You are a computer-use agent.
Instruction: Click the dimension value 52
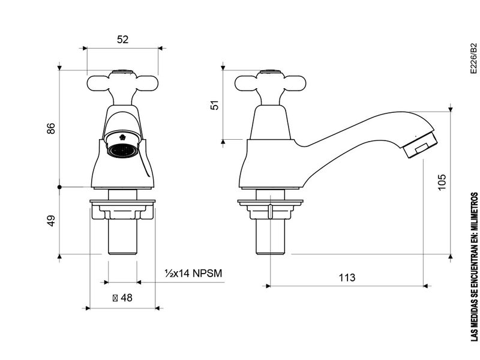(x=123, y=40)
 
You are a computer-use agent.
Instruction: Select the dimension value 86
(x=51, y=128)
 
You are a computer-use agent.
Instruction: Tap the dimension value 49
(x=51, y=221)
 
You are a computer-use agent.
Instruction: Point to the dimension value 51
(x=215, y=105)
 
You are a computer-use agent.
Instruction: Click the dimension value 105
(x=442, y=182)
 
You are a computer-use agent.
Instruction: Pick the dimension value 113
(x=347, y=277)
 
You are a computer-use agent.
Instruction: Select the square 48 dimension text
(x=122, y=298)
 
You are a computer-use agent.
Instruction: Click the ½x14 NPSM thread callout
(x=193, y=273)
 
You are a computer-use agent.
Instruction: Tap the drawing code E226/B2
(x=473, y=58)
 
